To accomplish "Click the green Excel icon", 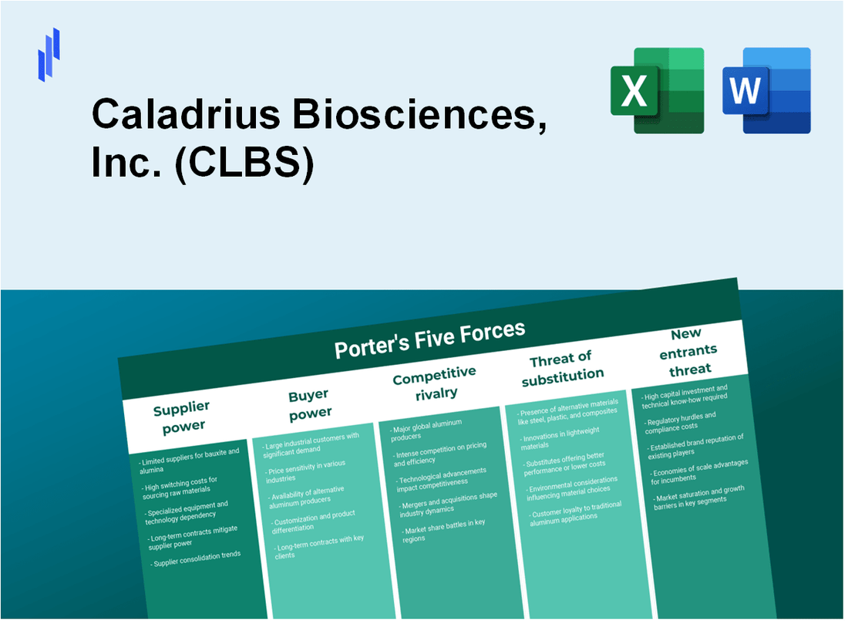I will [657, 90].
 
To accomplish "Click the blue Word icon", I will [766, 90].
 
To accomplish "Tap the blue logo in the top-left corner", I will [49, 54].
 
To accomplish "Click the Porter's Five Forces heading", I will [429, 339].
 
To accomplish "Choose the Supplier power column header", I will [181, 416].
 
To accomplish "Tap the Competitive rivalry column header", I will [435, 382].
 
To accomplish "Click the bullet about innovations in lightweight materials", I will [562, 440].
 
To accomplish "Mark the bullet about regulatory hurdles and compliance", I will [681, 420].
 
